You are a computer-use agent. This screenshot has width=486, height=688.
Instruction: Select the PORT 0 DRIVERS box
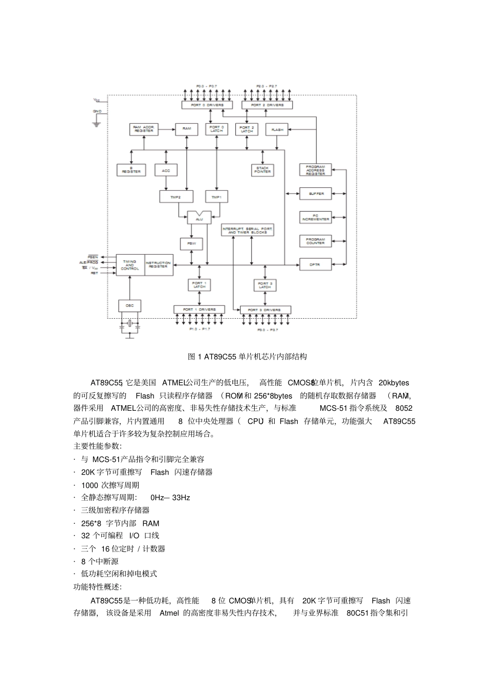click(206, 105)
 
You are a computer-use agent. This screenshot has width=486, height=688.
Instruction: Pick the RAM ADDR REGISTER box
click(144, 129)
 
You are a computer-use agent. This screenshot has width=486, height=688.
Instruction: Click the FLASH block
click(277, 130)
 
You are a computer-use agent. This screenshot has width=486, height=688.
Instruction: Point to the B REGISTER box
click(131, 170)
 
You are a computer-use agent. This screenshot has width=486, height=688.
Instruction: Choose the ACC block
click(166, 170)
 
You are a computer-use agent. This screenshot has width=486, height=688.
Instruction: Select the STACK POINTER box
click(263, 170)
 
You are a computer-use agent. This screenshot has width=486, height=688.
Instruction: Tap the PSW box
click(191, 244)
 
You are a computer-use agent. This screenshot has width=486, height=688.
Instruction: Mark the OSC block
click(129, 306)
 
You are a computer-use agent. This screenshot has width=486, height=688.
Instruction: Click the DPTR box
click(315, 264)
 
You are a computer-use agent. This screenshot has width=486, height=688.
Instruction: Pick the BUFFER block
click(315, 194)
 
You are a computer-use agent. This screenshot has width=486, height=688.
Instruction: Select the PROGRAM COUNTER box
click(315, 241)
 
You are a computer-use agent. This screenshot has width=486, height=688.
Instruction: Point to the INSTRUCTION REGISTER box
click(158, 265)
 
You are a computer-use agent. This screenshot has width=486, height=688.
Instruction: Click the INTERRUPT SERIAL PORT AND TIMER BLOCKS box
click(248, 230)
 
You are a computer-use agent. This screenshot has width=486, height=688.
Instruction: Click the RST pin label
click(94, 273)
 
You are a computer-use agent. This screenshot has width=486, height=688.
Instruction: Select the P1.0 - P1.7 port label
click(199, 329)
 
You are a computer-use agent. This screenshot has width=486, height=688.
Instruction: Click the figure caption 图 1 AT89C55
click(247, 357)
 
